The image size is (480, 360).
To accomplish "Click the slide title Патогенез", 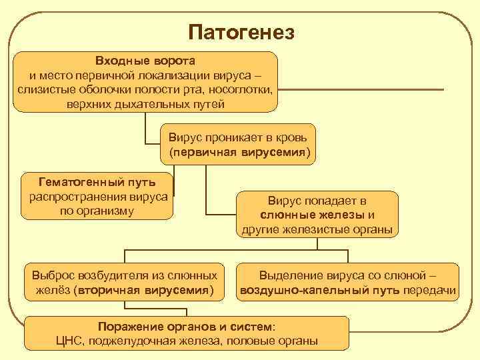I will [241, 31].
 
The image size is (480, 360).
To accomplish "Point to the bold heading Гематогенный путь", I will [97, 181].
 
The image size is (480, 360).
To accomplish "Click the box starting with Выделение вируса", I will [349, 283].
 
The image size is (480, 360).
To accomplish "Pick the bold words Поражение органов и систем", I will [185, 327].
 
